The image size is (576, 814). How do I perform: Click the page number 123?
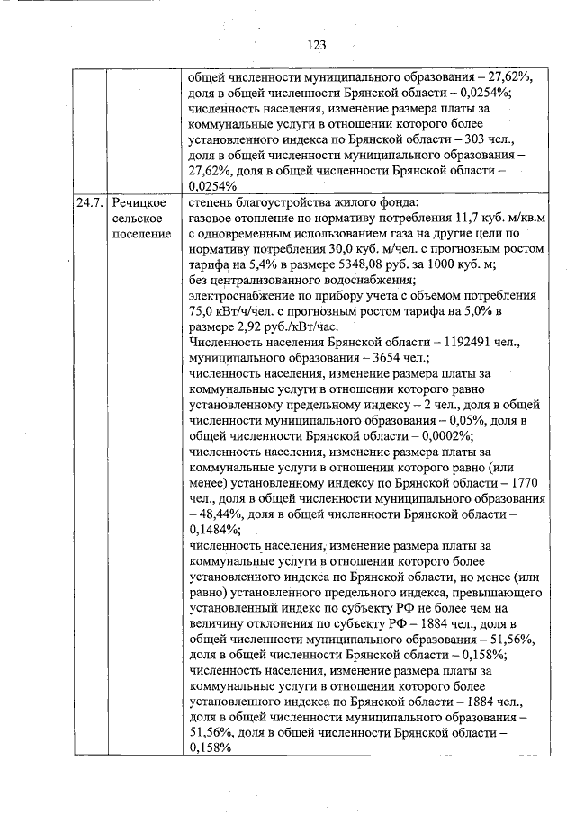click(x=315, y=45)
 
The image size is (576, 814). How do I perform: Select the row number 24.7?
click(x=90, y=202)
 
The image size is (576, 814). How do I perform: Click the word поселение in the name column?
click(x=142, y=235)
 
